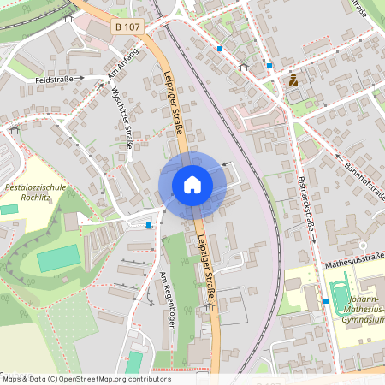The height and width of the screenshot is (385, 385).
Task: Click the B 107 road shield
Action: click(127, 27)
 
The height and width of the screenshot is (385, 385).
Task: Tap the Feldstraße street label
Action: click(54, 79)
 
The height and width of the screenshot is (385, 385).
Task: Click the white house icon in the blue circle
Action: click(192, 184)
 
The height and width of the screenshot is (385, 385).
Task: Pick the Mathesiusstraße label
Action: click(351, 266)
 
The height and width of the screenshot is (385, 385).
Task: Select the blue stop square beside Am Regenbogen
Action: click(149, 225)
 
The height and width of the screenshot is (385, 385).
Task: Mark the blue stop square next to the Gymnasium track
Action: click(326, 301)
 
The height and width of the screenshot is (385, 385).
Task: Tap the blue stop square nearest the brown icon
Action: click(269, 65)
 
